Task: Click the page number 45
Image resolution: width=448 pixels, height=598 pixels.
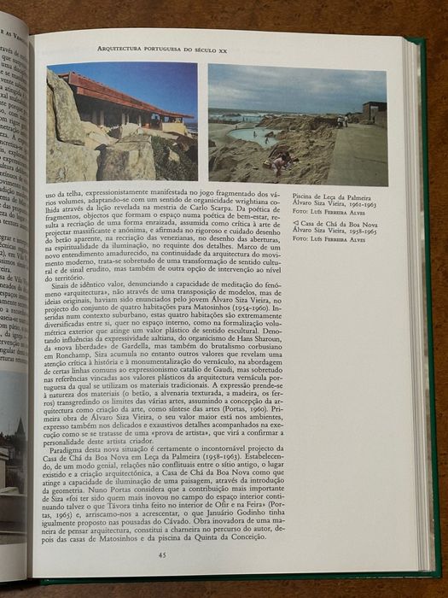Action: point(162,555)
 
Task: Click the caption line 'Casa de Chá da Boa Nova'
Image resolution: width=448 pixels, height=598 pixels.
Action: point(332,222)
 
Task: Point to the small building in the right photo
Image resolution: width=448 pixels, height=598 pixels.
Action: point(374,112)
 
